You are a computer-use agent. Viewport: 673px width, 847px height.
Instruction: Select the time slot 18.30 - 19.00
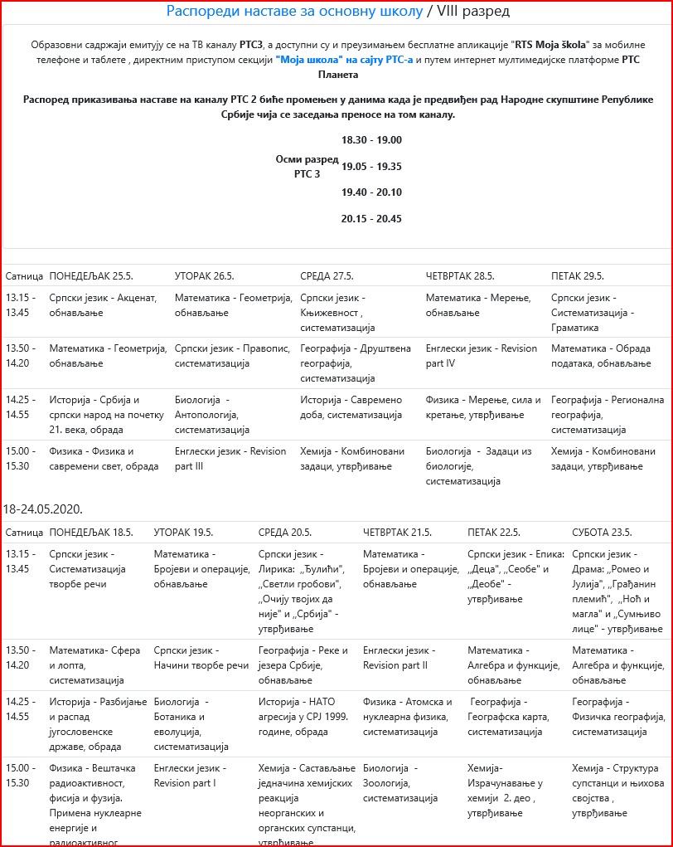pyautogui.click(x=371, y=140)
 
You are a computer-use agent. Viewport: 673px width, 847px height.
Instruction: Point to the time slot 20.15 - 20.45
pyautogui.click(x=371, y=219)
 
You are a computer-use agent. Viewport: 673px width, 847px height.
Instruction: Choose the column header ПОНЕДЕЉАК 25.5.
pyautogui.click(x=91, y=275)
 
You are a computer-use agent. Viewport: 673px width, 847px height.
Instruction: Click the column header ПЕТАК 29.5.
pyautogui.click(x=578, y=275)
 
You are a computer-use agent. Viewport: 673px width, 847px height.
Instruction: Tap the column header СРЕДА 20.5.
pyautogui.click(x=285, y=532)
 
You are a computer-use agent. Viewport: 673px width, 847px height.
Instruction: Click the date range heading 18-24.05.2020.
pyautogui.click(x=43, y=508)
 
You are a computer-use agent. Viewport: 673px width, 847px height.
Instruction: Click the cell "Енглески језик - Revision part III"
pyautogui.click(x=230, y=459)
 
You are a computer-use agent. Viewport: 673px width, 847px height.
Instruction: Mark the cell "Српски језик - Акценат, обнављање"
pyautogui.click(x=103, y=304)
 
